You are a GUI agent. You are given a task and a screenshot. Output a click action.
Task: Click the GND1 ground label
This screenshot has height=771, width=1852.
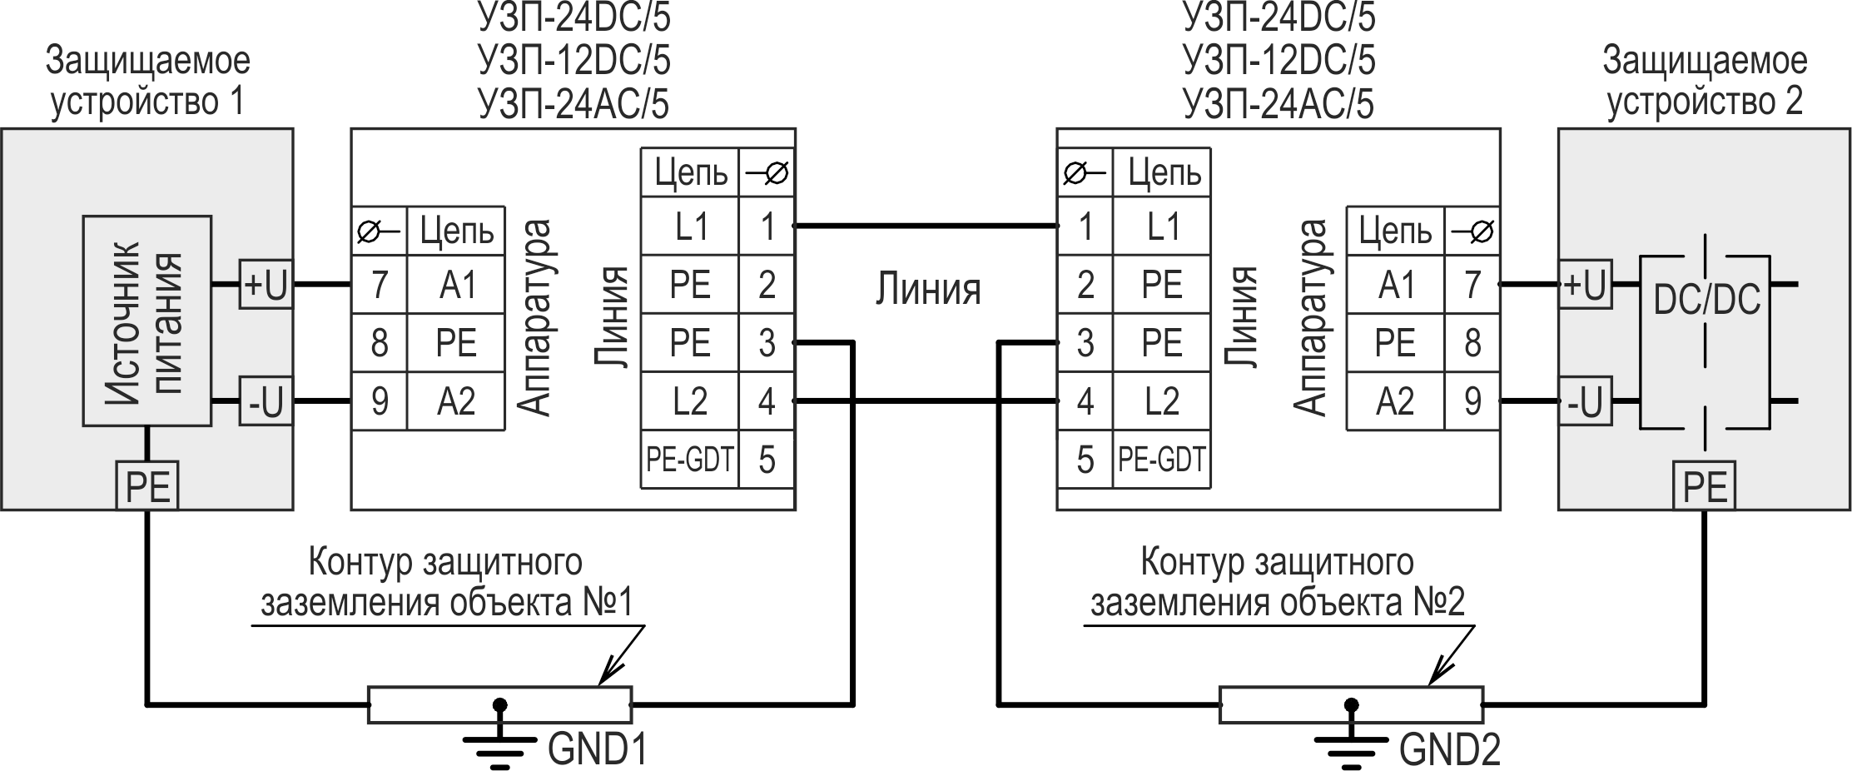tap(597, 749)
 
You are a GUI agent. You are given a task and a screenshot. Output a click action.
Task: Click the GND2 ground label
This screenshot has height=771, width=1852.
tap(1449, 749)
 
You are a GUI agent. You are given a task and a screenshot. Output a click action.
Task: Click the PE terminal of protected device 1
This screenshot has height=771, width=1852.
tap(147, 486)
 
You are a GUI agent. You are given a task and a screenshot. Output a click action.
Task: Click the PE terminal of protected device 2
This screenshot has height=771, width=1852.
tap(1705, 486)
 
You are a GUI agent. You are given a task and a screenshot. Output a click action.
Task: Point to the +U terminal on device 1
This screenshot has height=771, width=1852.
tap(266, 285)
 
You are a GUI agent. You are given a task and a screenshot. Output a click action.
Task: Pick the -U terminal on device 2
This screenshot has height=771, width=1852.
tap(1584, 402)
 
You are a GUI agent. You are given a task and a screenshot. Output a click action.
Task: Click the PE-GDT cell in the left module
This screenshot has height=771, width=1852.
tap(689, 460)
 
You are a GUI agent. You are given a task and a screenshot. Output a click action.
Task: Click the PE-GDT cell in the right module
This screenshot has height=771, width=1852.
tap(1161, 460)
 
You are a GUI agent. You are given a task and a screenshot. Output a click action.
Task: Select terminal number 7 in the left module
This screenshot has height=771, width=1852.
tap(380, 285)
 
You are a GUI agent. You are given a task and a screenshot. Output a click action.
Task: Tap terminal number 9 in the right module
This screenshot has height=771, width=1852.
tap(1472, 402)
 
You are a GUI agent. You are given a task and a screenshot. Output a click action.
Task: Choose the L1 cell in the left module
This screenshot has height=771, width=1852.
tap(689, 226)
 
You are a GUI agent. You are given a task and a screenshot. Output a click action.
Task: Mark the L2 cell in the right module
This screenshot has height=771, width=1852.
tap(1161, 402)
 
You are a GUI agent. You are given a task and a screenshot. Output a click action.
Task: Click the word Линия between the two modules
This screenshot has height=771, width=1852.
tap(927, 290)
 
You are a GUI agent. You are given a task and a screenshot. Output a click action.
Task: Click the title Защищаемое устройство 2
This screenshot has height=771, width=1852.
tap(1704, 82)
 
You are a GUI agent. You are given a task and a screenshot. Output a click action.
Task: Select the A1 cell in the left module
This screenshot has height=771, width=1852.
tap(456, 285)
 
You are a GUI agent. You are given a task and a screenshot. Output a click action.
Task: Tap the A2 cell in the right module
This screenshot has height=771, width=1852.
tap(1396, 402)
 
